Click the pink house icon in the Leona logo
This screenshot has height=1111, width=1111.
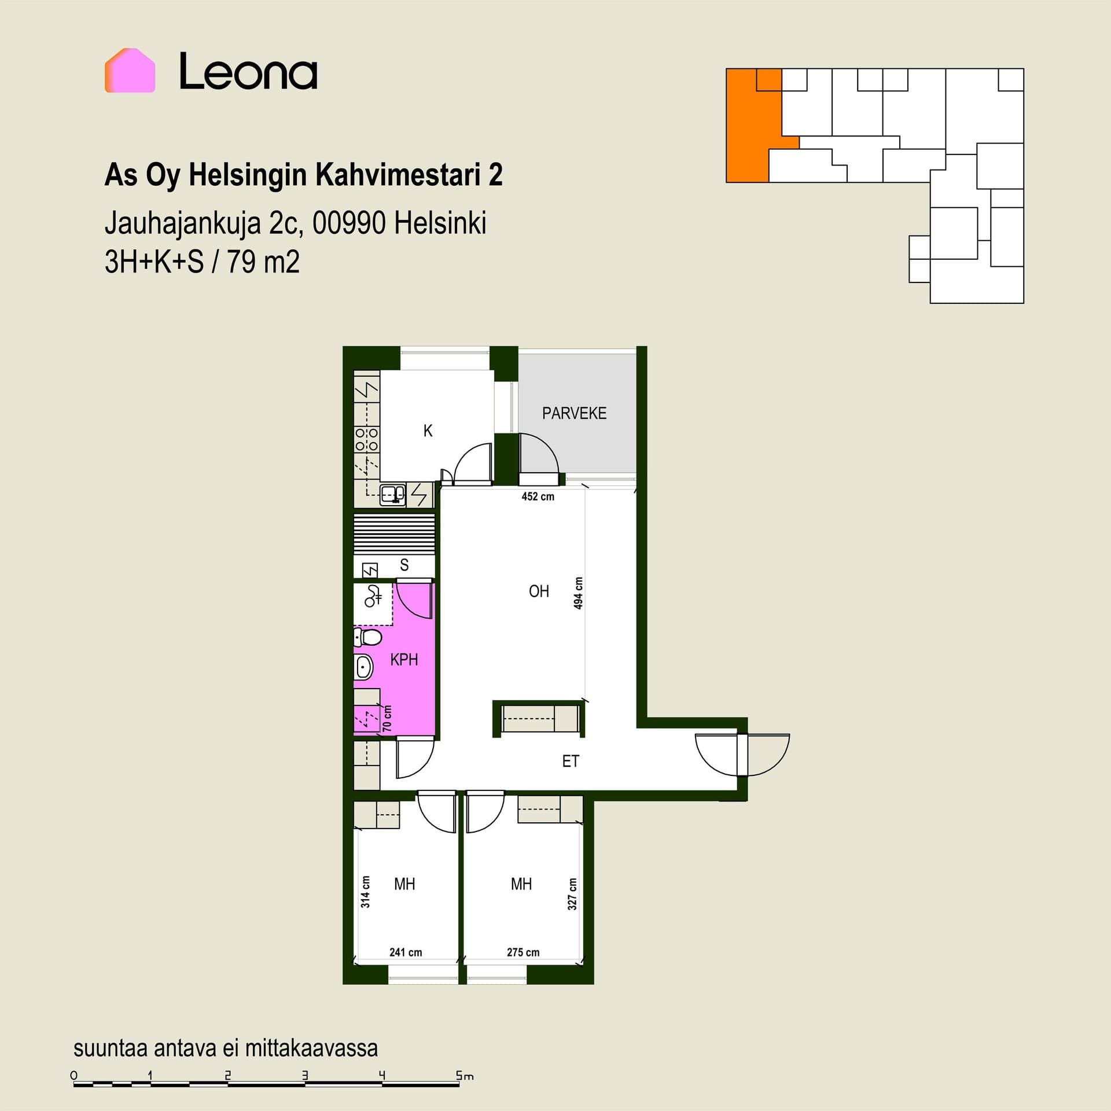(x=130, y=70)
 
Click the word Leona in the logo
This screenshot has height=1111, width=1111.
(x=248, y=72)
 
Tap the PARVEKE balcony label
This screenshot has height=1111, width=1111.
(x=574, y=413)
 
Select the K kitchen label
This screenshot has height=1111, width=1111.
(x=428, y=431)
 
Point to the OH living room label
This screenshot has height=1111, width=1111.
(x=539, y=591)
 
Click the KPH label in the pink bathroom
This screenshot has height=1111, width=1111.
(x=404, y=659)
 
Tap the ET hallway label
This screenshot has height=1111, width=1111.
(x=571, y=761)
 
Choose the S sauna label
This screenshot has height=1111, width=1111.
(x=404, y=565)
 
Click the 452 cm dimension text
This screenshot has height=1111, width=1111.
(x=538, y=496)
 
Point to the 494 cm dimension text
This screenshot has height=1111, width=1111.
(x=578, y=593)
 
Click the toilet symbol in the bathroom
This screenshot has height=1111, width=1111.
(x=368, y=638)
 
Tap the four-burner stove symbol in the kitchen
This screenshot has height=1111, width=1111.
(x=367, y=439)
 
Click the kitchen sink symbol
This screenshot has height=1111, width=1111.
(x=393, y=495)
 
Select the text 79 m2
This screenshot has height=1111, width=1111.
(x=263, y=262)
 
